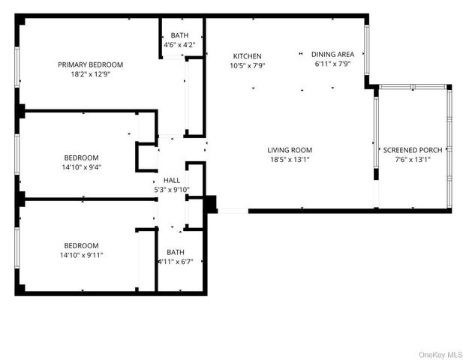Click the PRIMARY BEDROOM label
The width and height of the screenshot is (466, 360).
point(91,64)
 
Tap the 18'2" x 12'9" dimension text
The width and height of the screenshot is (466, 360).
point(91,74)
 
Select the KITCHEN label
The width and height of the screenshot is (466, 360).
point(247,56)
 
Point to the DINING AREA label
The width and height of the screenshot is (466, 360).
point(333,54)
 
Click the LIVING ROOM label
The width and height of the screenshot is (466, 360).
point(290,150)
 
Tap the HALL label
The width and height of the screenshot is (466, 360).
point(171,181)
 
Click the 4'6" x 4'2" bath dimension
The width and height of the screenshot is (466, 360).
point(179,45)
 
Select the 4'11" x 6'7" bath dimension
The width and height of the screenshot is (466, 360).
point(176,262)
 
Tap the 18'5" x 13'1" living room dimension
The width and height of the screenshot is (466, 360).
point(290,160)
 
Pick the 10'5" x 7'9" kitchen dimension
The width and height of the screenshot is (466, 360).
point(247,66)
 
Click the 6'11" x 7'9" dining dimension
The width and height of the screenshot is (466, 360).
point(333,64)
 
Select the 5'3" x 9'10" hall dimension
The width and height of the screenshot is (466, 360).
point(171,190)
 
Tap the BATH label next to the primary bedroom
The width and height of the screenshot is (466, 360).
point(179,35)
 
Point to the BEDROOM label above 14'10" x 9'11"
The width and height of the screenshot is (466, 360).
point(81,246)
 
